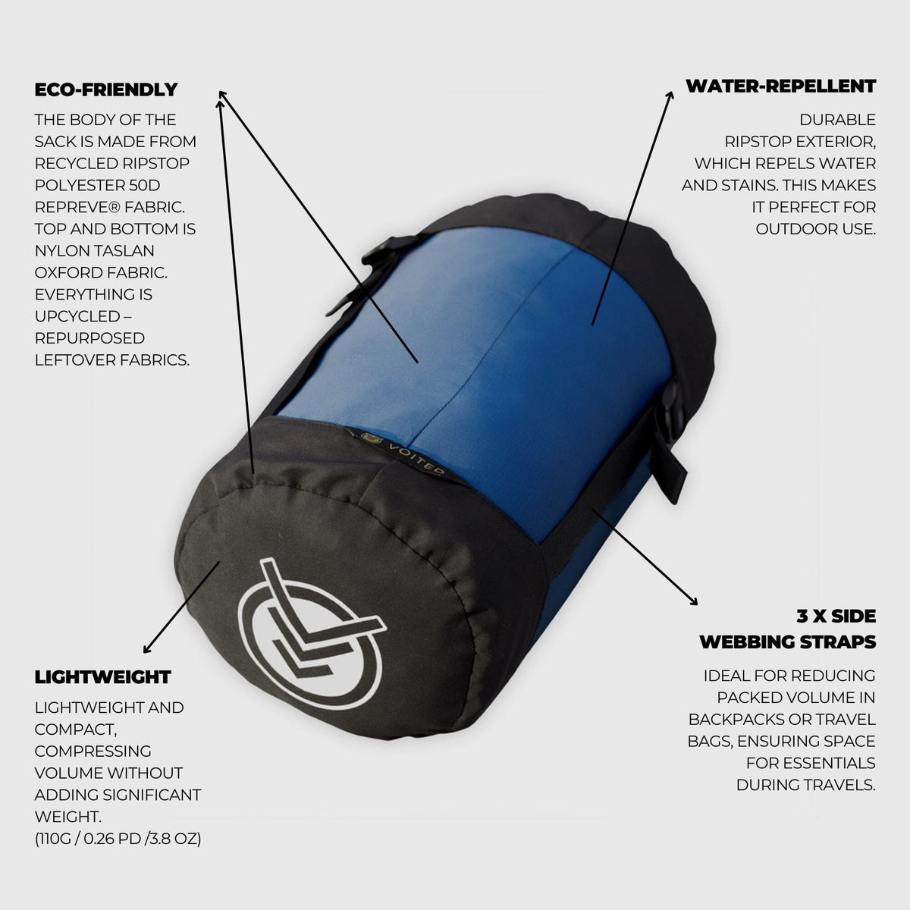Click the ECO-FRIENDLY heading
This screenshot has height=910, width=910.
click(x=106, y=89)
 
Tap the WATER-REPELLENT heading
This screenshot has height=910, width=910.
click(x=780, y=86)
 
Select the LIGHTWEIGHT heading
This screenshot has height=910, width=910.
click(x=103, y=676)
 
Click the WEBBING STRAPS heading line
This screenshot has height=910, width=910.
click(x=787, y=642)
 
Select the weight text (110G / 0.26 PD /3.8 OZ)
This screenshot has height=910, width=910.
click(x=118, y=839)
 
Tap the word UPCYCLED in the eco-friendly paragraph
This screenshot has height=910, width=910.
click(x=77, y=315)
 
